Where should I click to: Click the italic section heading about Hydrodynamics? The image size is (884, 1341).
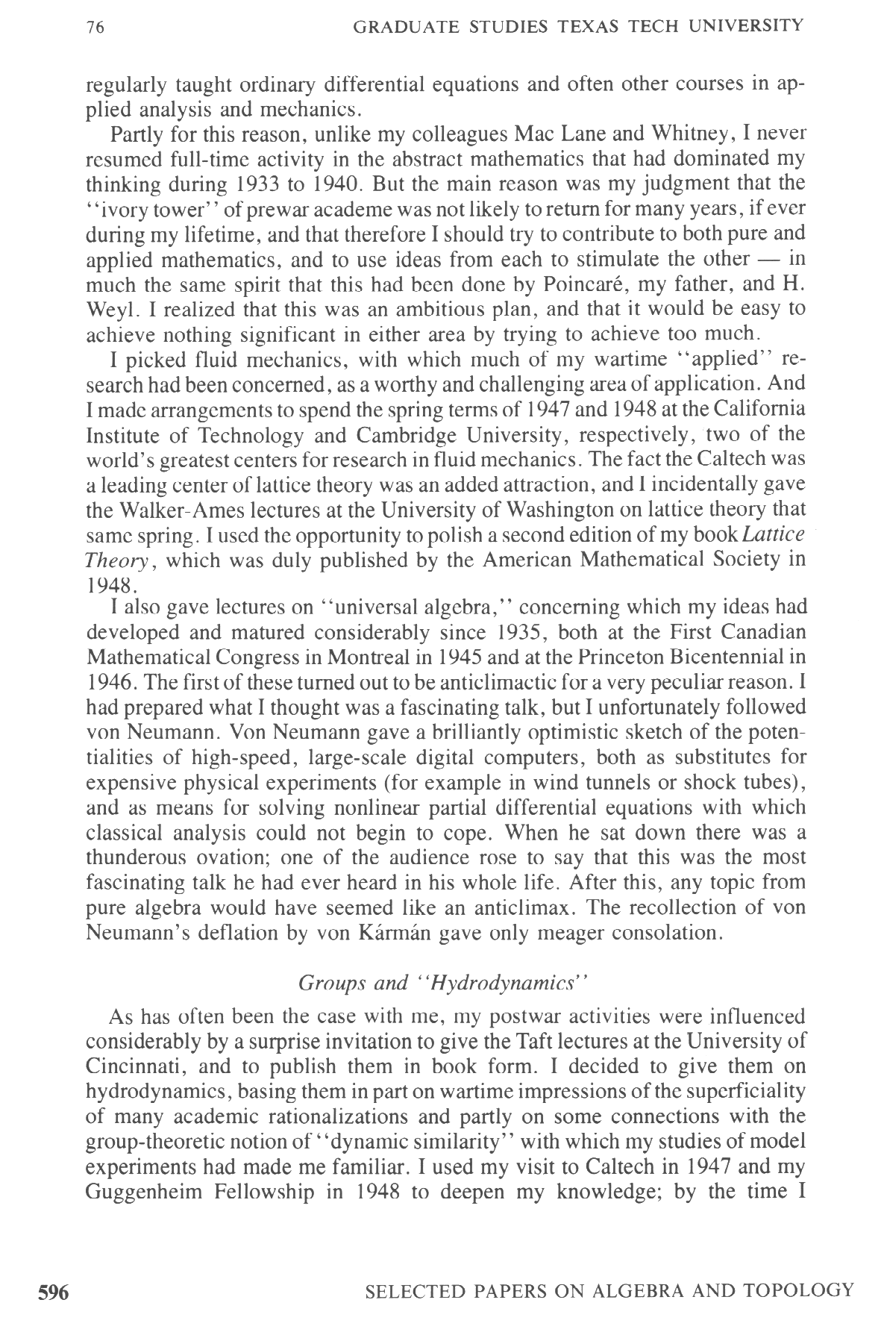click(444, 984)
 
